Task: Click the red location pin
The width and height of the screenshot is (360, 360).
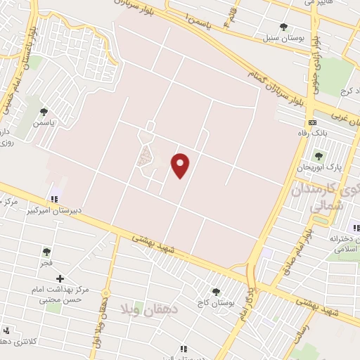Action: pos(181,165)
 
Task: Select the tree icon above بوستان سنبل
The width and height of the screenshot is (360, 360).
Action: pos(283,27)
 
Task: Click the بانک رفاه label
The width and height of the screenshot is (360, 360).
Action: pos(314,131)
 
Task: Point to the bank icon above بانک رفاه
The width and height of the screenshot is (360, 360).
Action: pos(313,122)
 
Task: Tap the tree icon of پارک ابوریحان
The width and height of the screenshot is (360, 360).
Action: pos(319,156)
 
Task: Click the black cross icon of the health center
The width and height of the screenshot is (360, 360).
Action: pos(60,278)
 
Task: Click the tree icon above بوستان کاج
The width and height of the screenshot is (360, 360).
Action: pos(216,292)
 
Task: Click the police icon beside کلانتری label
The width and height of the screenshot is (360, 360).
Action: pos(7,330)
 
